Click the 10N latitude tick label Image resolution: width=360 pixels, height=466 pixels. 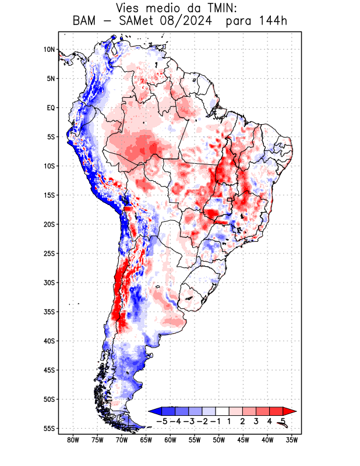pos(49,50)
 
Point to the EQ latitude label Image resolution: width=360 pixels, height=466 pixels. pos(50,108)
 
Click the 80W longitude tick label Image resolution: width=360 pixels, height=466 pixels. pos(73,440)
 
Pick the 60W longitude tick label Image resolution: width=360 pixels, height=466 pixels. pos(170,440)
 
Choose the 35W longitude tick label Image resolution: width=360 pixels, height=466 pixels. pos(292,440)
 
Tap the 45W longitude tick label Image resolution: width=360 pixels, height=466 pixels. pos(243,440)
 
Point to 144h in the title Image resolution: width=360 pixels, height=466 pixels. pos(273,22)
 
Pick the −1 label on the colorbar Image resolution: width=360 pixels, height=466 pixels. pos(216,420)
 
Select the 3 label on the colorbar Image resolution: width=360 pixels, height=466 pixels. pos(256,420)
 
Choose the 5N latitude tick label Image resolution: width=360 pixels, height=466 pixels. pos(50,79)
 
